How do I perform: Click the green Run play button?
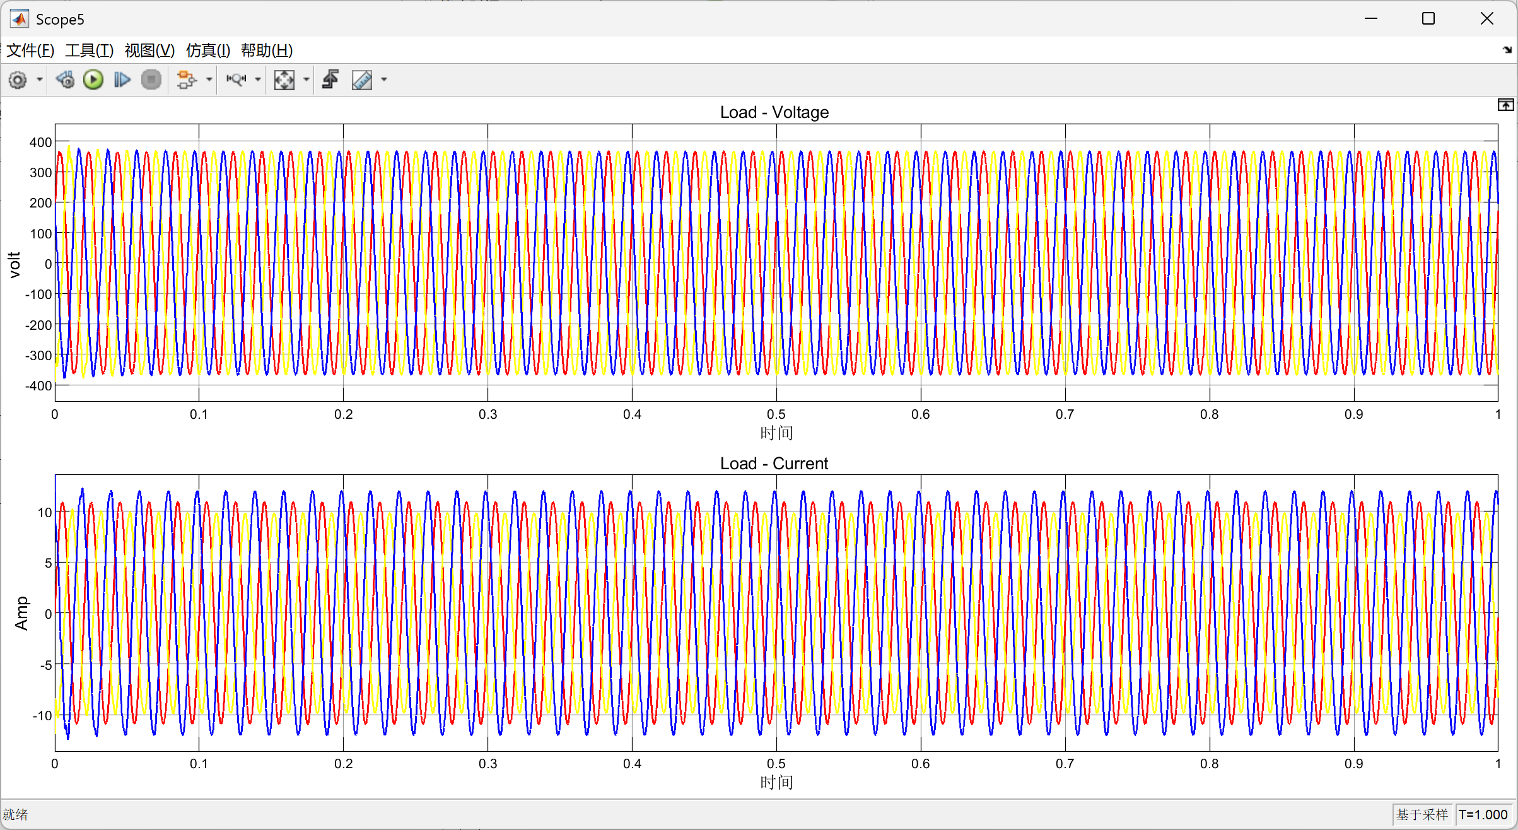tap(93, 79)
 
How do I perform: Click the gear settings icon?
tap(18, 80)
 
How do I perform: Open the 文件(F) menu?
tap(30, 50)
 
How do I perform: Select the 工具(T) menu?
tap(90, 50)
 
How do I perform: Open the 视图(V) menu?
tap(149, 50)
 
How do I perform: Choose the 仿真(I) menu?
tap(208, 50)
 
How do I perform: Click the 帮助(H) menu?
tap(267, 50)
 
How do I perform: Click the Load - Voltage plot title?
tap(774, 112)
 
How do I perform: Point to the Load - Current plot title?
tap(774, 464)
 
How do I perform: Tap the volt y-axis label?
tap(15, 265)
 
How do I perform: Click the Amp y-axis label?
tap(21, 613)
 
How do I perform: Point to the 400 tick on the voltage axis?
tap(41, 143)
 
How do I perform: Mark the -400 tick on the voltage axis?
tap(38, 386)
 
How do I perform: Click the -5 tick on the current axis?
tap(45, 665)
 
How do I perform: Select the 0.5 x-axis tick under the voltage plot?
tap(776, 414)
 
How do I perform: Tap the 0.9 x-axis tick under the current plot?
tap(1354, 764)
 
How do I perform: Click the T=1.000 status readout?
tap(1483, 815)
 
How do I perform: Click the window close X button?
tap(1487, 19)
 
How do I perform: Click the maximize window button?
tap(1428, 19)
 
